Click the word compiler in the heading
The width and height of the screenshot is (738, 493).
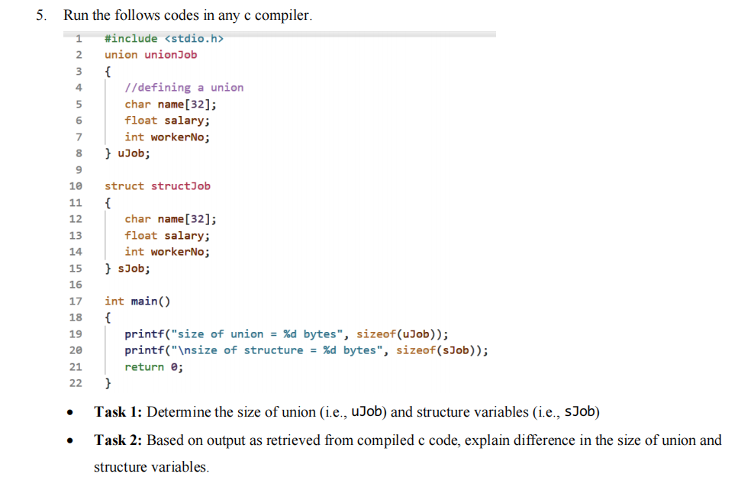pos(283,15)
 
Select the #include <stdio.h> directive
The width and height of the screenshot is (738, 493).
pos(165,38)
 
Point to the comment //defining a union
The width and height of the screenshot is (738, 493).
pos(184,88)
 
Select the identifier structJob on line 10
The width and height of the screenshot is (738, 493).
pos(181,186)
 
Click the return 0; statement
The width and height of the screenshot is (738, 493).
pos(153,367)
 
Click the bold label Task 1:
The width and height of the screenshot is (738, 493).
pos(118,413)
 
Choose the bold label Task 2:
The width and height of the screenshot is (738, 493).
pos(118,440)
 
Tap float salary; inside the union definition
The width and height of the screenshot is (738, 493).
pos(167,121)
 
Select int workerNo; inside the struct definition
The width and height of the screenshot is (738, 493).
pos(167,252)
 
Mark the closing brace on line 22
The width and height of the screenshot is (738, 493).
pos(108,383)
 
